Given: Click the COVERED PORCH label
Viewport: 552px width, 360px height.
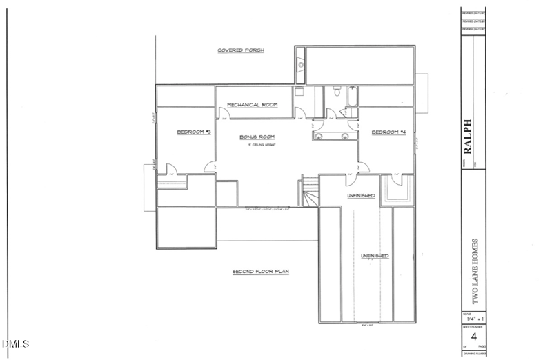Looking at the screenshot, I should [x=241, y=50].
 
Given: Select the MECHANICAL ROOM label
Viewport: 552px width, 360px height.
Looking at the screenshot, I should [x=253, y=105].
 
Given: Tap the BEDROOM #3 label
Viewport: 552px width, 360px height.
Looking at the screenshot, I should [x=194, y=131].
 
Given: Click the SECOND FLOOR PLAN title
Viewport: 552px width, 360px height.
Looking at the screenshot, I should [x=260, y=272].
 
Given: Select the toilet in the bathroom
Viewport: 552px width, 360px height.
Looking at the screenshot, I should [x=335, y=92].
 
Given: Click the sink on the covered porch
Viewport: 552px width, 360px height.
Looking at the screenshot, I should [x=300, y=66].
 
